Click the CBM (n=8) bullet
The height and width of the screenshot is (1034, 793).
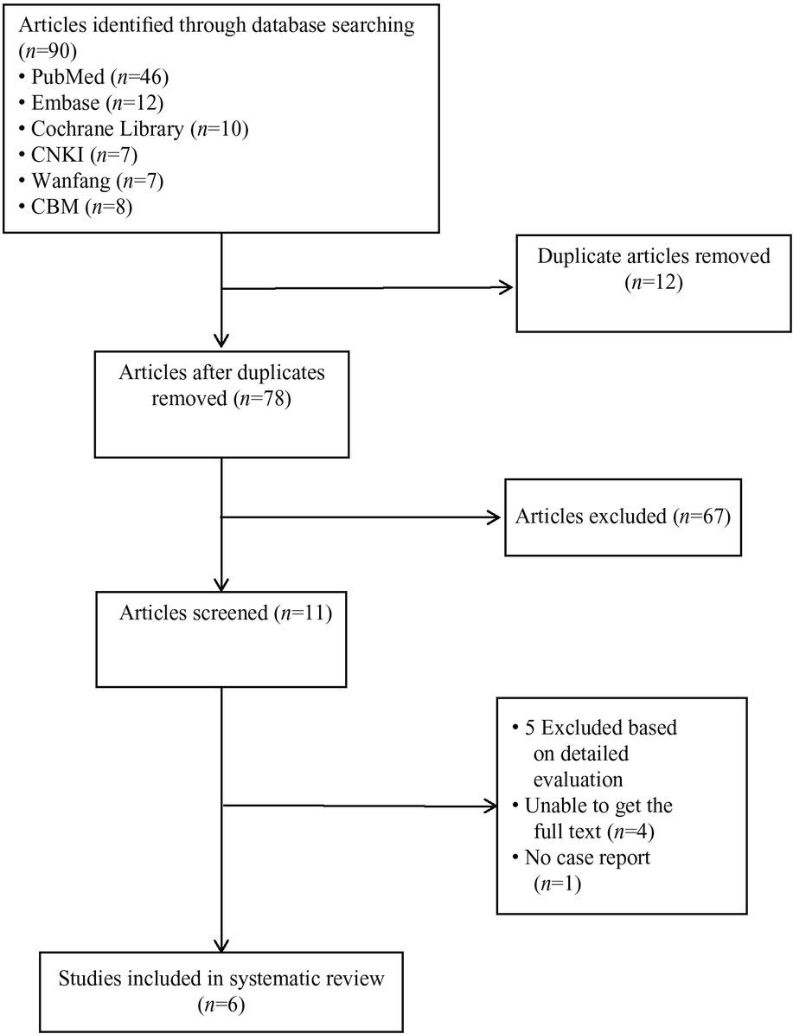pyautogui.click(x=76, y=207)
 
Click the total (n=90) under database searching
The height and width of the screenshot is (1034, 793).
pyautogui.click(x=49, y=51)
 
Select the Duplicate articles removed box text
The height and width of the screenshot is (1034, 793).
pyautogui.click(x=654, y=268)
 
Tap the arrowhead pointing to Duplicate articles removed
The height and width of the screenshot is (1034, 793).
pyautogui.click(x=507, y=287)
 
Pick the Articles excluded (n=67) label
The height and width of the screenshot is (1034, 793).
pyautogui.click(x=623, y=516)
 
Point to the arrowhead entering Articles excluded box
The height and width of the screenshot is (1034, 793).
pyautogui.click(x=495, y=517)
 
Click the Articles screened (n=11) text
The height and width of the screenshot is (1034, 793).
pyautogui.click(x=226, y=613)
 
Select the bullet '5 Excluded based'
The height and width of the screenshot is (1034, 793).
pyautogui.click(x=595, y=728)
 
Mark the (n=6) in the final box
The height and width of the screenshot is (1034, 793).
pyautogui.click(x=221, y=1005)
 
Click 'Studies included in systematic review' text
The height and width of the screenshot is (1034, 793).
pyautogui.click(x=221, y=978)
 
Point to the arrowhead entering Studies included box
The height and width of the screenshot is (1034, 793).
pyautogui.click(x=222, y=943)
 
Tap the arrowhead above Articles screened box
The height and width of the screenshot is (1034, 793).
pyautogui.click(x=222, y=583)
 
